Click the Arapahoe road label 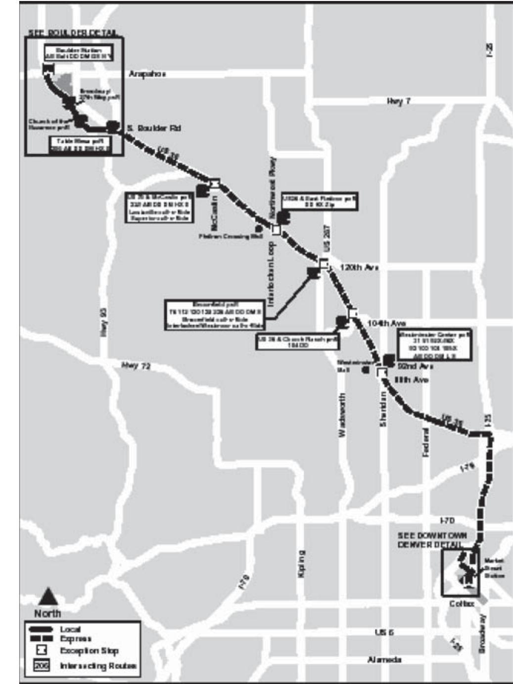point(147,74)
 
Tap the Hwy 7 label point(399,101)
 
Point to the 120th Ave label point(359,267)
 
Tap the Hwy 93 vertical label point(104,322)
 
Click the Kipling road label point(302,563)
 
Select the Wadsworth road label point(342,415)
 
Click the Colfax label point(462,604)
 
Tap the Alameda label point(384,659)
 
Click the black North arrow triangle point(48,597)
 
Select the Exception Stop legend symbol point(42,650)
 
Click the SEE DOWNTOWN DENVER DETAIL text point(431,540)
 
